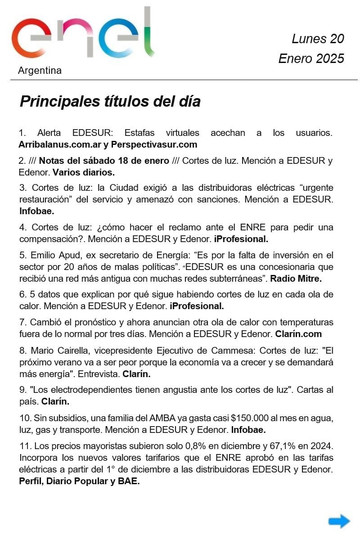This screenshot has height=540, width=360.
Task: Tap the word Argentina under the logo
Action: [x=40, y=71]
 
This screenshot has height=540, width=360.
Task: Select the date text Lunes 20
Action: [x=318, y=39]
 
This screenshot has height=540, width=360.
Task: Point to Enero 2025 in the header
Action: [x=311, y=58]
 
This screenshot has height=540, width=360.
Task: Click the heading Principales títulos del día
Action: [x=110, y=101]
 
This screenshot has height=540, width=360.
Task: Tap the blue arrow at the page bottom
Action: [x=339, y=521]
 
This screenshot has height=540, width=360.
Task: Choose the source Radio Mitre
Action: [x=296, y=279]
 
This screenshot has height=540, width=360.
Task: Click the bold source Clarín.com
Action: [x=298, y=334]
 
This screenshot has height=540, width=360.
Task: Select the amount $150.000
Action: [x=251, y=418]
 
